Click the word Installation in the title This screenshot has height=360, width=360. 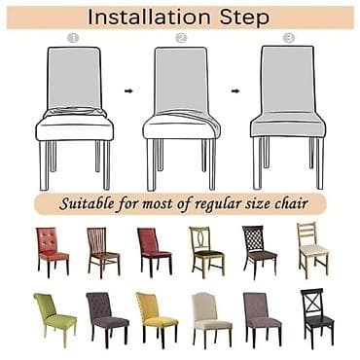point(149,18)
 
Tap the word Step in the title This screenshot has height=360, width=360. point(244,18)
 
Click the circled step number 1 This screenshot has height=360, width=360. point(73,38)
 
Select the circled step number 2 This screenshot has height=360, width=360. point(181,38)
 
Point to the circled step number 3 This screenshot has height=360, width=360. point(288,38)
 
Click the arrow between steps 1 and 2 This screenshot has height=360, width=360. point(128,91)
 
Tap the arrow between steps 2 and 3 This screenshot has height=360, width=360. point(235,91)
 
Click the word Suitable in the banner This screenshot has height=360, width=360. point(87,204)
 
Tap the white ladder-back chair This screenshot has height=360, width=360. point(312,249)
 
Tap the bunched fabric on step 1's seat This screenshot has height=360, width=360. point(75,112)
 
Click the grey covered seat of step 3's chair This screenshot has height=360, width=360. point(288,124)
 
